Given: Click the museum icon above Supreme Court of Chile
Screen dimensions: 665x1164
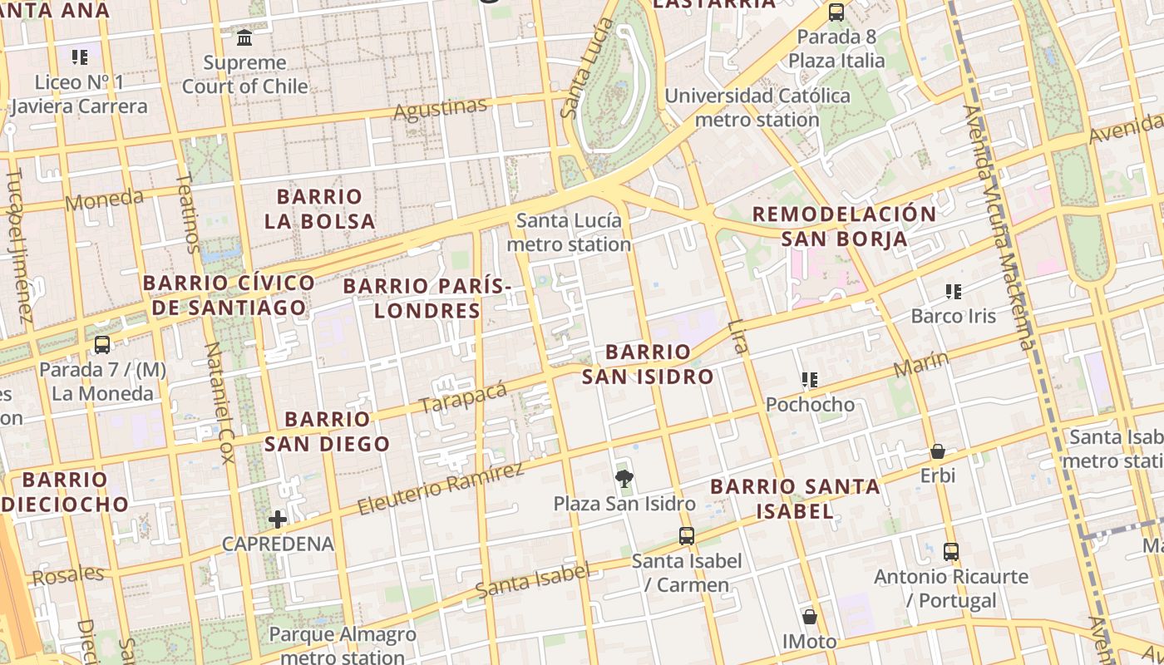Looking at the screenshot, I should click(244, 37).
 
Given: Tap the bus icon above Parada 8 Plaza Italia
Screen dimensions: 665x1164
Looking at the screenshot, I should click(836, 12).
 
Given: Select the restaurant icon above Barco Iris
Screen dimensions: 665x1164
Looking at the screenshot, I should click(954, 292).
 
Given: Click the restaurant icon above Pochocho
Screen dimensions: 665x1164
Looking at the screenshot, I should click(810, 381).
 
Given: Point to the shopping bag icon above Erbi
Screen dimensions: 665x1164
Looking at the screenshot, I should click(938, 451).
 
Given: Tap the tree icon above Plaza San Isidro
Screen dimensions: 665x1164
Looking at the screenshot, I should click(624, 478).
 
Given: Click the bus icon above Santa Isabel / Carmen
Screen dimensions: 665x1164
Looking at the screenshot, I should click(687, 536).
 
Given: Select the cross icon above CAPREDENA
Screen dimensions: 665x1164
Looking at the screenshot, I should click(278, 520).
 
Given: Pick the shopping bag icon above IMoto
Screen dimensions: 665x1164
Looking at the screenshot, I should click(810, 617).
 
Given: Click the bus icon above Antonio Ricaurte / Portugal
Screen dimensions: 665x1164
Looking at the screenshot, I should click(951, 551).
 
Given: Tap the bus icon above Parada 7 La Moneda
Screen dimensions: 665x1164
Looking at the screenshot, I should click(102, 344).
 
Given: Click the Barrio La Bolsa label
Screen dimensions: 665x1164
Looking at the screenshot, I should click(320, 209).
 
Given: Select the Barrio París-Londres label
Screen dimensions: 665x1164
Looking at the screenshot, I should click(427, 298).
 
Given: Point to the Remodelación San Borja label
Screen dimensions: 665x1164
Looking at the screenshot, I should click(844, 226).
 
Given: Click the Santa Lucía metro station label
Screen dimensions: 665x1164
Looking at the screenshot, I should click(569, 232).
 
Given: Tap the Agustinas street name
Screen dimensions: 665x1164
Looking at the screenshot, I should click(440, 109).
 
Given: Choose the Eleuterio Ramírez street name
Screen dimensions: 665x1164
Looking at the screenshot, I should click(441, 488).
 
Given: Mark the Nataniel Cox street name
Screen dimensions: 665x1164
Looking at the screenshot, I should click(219, 401).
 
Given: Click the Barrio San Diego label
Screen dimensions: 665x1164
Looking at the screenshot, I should click(328, 431).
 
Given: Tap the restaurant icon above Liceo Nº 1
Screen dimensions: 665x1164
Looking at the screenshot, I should click(80, 57).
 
